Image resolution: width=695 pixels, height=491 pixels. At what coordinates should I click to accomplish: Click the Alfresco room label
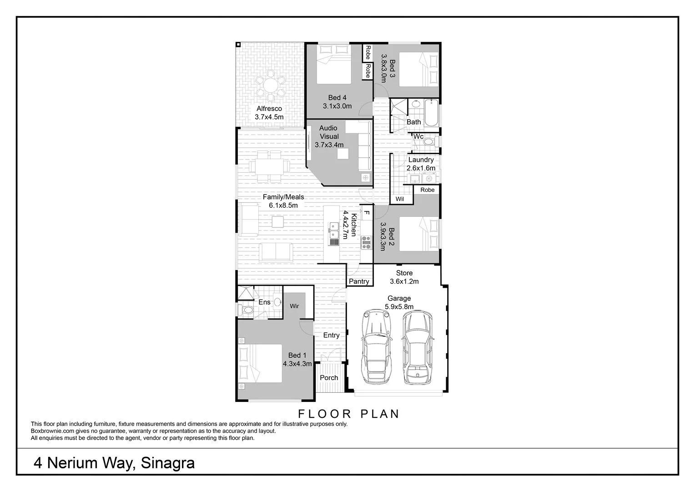pyautogui.click(x=269, y=109)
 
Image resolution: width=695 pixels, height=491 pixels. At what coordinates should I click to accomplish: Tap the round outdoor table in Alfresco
pyautogui.click(x=270, y=85)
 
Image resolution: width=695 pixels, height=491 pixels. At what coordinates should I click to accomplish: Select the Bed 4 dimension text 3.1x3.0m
pyautogui.click(x=337, y=106)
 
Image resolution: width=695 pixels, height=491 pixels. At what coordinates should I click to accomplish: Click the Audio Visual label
pyautogui.click(x=328, y=132)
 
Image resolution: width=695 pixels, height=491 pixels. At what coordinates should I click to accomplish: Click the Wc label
pyautogui.click(x=418, y=136)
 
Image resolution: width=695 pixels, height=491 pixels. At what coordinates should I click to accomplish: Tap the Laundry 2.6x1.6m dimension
pyautogui.click(x=421, y=168)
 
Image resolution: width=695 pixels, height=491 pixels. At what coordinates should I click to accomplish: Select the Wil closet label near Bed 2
pyautogui.click(x=399, y=199)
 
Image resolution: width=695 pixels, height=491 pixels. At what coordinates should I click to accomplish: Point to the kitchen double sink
pyautogui.click(x=334, y=230)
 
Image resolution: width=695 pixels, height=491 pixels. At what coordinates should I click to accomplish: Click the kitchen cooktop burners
pyautogui.click(x=366, y=242)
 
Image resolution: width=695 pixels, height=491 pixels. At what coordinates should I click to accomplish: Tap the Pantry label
pyautogui.click(x=359, y=281)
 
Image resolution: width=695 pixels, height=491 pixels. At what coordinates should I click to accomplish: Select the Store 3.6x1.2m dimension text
pyautogui.click(x=404, y=281)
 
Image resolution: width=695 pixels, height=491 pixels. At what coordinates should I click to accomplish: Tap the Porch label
pyautogui.click(x=329, y=378)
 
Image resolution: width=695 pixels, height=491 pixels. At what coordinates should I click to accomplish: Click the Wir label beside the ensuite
pyautogui.click(x=294, y=306)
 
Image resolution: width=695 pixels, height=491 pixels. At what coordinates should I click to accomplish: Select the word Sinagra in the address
pyautogui.click(x=168, y=463)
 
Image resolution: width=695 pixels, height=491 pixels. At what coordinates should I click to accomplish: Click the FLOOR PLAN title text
pyautogui.click(x=348, y=414)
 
